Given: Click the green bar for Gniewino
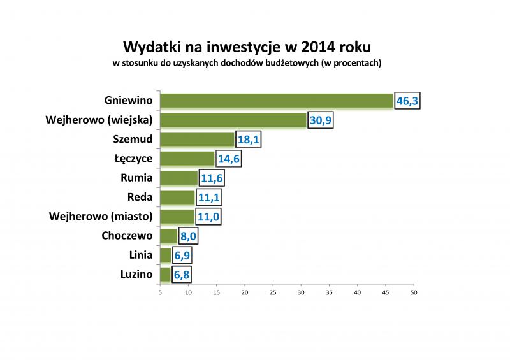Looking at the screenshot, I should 276,101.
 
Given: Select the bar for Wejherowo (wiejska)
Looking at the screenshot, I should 233,120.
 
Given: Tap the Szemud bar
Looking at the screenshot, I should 197,140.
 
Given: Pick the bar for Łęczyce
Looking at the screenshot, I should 187,159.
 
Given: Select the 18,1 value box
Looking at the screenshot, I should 249,140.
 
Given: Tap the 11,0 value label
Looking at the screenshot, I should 208,217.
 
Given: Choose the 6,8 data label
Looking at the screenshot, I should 181,275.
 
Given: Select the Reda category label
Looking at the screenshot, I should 140,197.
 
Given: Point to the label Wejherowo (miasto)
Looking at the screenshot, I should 101,217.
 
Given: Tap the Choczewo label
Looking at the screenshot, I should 127,236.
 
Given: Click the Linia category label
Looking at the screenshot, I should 140,256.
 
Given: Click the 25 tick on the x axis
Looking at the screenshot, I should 273,293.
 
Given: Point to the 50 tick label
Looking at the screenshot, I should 414,293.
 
